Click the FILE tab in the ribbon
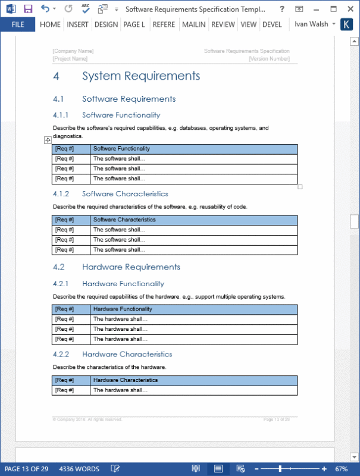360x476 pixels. coord(18,24)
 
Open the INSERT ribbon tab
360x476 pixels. coord(78,24)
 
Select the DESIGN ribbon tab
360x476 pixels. coord(106,24)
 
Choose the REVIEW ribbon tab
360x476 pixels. coord(223,24)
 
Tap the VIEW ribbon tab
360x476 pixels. coord(249,24)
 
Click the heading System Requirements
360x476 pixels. coord(141,76)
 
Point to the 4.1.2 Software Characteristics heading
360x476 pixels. coord(125,194)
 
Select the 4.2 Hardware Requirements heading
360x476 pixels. coord(131,267)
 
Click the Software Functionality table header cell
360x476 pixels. coord(122,149)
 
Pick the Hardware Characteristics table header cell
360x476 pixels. coord(126,380)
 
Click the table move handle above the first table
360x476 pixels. coord(48,140)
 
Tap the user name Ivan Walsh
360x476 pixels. coord(310,24)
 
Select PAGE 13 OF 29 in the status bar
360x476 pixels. coord(26,469)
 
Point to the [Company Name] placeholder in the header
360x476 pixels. coord(73,51)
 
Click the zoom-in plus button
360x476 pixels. coord(324,469)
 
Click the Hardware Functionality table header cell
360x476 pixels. coord(123,309)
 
